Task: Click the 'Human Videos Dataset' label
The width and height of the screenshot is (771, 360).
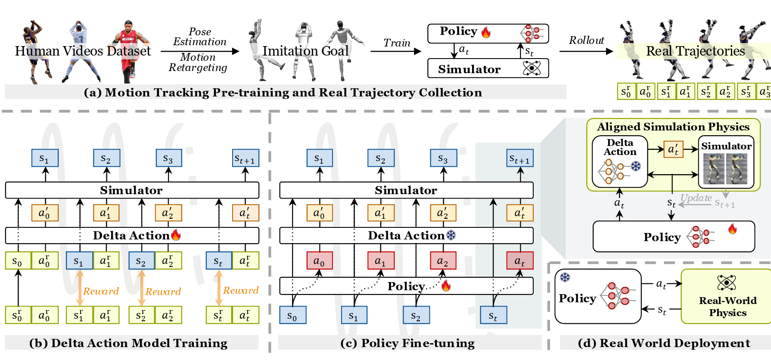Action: coord(83,51)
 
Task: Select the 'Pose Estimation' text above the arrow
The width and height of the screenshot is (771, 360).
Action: coord(200,37)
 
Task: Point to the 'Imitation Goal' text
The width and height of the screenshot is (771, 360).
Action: coord(305,51)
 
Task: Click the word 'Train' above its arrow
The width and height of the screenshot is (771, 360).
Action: coord(397,43)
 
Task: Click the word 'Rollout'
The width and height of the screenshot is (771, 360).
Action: coord(586,40)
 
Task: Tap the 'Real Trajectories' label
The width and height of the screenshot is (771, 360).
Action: coord(695,51)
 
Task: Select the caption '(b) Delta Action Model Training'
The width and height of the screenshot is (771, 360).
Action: coord(128,343)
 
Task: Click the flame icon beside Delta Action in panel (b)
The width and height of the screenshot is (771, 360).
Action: coord(176,235)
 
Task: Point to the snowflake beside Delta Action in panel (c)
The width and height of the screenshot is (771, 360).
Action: coord(451,235)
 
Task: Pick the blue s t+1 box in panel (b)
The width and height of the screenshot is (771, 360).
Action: coord(245,158)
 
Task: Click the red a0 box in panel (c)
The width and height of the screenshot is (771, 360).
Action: coord(319,261)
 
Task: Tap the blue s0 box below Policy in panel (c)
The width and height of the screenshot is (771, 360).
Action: coord(292,315)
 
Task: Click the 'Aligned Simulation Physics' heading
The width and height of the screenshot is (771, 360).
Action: coord(673,127)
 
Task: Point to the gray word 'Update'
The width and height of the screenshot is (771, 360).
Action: coord(696,198)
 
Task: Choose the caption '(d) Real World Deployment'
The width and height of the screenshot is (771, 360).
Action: coord(664,343)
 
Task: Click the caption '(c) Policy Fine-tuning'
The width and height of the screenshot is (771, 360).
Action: coord(407,343)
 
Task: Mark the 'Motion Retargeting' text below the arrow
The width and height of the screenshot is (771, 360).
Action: coord(198,62)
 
